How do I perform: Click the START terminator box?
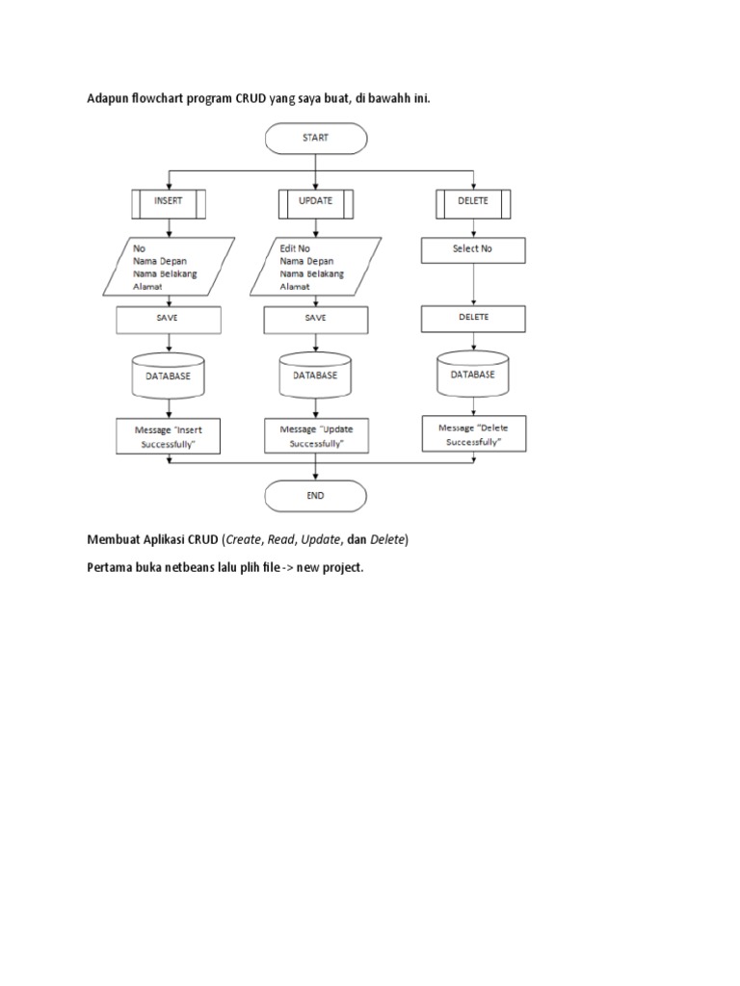(315, 138)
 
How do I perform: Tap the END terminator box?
(315, 496)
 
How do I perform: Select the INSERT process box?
(169, 201)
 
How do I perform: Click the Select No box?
(472, 249)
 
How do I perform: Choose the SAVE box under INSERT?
(169, 318)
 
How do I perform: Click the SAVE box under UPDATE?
(315, 318)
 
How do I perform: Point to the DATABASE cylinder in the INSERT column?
(169, 376)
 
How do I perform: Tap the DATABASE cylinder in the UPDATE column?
(315, 376)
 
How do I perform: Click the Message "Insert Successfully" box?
(169, 434)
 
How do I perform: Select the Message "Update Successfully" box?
(315, 435)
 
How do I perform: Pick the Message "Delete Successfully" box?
(472, 434)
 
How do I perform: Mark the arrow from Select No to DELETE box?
(472, 285)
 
